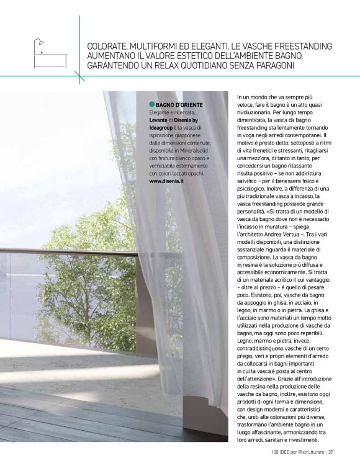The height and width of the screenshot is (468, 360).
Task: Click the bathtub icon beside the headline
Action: point(49,54)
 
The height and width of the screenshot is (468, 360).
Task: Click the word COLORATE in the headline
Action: point(108,47)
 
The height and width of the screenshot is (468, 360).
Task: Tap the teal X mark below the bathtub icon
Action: point(79,76)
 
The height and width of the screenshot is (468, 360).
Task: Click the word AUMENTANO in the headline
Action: point(112,56)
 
